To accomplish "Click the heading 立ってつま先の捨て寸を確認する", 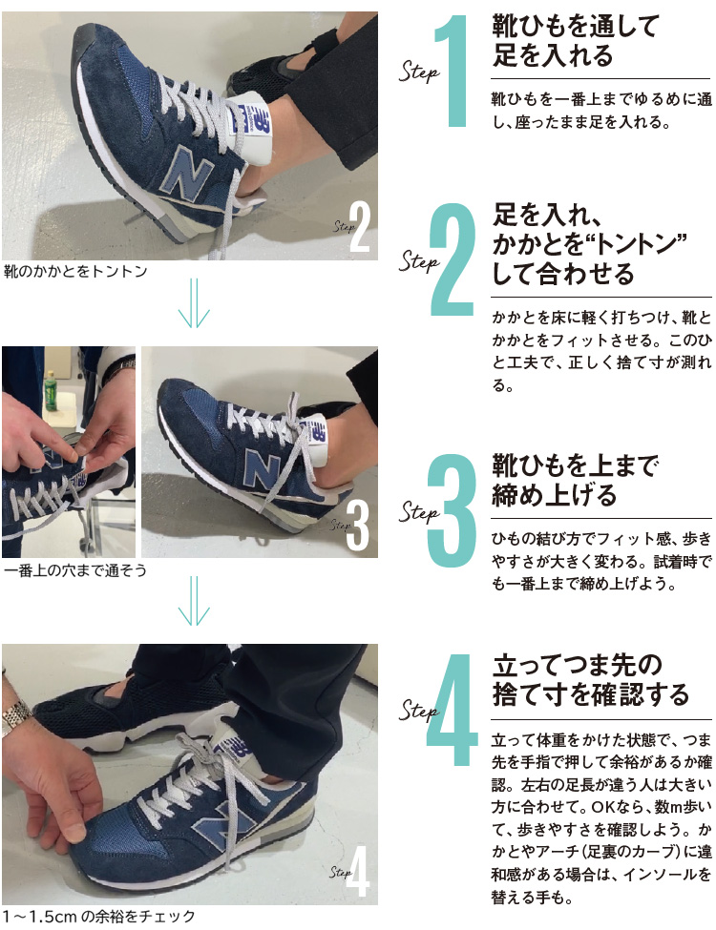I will coord(590,678).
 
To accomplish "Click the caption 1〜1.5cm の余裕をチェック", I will coord(99,917).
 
